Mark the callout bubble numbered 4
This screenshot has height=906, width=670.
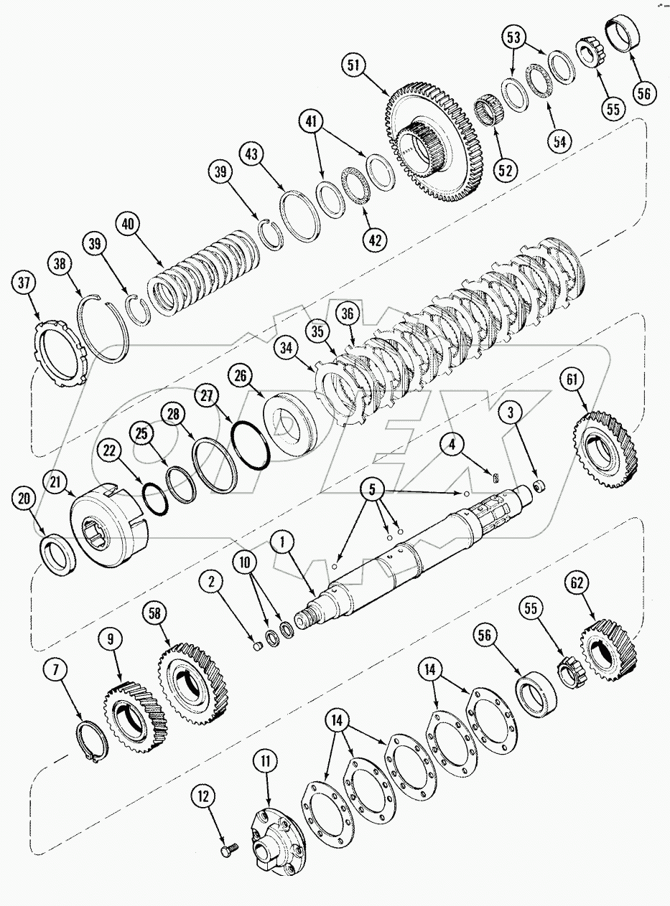[x=452, y=445]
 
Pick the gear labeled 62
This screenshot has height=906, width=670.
[x=608, y=653]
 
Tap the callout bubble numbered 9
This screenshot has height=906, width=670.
[x=111, y=638]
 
